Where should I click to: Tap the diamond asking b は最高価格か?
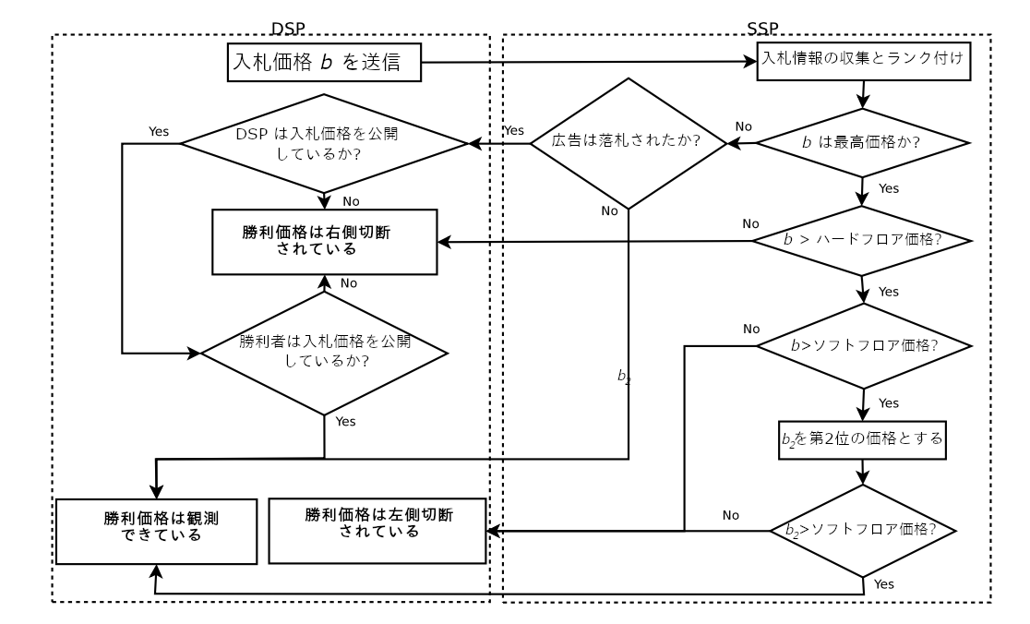click(x=862, y=143)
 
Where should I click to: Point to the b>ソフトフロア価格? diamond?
click(x=862, y=346)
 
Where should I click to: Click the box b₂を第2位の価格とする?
click(x=862, y=438)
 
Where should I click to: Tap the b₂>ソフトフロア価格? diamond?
click(x=862, y=531)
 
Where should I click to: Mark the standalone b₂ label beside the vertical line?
click(x=624, y=376)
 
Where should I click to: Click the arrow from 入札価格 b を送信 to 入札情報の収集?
click(x=591, y=64)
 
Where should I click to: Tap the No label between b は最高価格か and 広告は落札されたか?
click(x=741, y=126)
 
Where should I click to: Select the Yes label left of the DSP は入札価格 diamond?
click(x=159, y=130)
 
